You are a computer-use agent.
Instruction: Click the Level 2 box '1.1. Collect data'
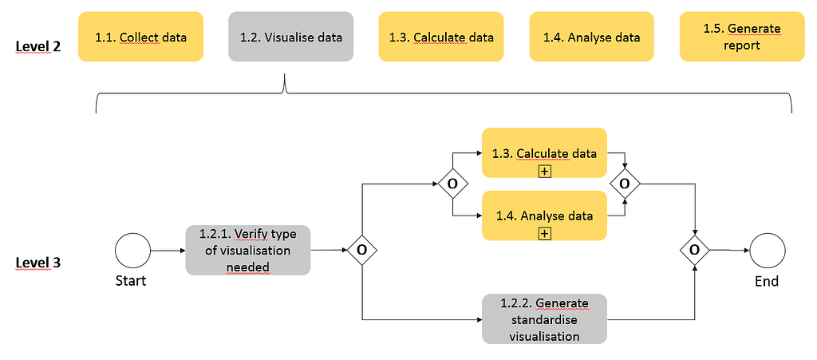click(140, 37)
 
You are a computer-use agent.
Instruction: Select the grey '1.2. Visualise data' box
click(290, 37)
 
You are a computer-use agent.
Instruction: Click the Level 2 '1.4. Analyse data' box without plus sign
click(591, 37)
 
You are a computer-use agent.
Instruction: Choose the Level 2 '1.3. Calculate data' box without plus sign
click(440, 37)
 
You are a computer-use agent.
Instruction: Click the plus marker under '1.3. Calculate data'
click(545, 171)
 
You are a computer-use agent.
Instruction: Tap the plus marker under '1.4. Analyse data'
click(545, 233)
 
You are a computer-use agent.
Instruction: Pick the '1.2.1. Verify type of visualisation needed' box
click(247, 250)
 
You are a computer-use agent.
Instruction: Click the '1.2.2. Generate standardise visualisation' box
click(544, 319)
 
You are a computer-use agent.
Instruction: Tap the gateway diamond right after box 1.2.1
click(362, 250)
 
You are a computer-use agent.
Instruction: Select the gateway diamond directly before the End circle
click(695, 250)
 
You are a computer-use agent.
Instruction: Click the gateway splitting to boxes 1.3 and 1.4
click(452, 184)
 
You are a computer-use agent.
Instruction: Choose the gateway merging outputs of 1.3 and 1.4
click(625, 184)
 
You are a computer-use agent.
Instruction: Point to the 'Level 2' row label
click(38, 46)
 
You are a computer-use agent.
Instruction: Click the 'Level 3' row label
click(38, 263)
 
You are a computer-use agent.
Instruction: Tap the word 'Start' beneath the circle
click(131, 281)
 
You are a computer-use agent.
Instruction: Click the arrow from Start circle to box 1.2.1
click(168, 250)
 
